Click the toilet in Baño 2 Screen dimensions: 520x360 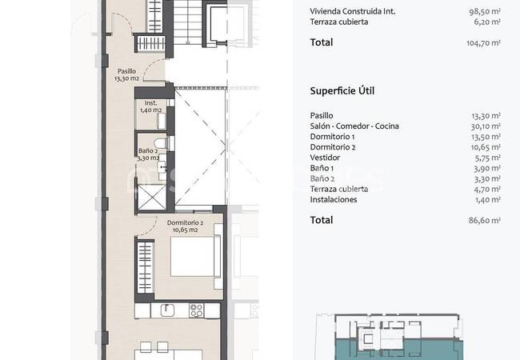(161, 143)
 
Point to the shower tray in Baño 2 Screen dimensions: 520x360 (152, 198)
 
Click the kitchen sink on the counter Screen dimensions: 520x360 (167, 310)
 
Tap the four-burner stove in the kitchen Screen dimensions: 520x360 (196, 310)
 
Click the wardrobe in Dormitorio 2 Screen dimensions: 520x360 (146, 267)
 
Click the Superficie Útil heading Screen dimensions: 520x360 (342, 91)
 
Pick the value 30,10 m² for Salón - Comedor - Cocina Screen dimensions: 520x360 (486, 126)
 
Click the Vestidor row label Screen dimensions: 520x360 (325, 158)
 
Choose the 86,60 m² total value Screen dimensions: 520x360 (484, 220)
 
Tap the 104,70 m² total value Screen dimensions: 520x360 (483, 42)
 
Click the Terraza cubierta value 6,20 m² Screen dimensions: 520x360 (487, 22)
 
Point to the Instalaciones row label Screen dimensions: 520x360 (334, 199)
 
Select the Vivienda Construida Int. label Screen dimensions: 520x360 (353, 11)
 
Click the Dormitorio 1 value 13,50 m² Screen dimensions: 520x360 (486, 137)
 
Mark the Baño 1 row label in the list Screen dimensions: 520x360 (322, 168)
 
